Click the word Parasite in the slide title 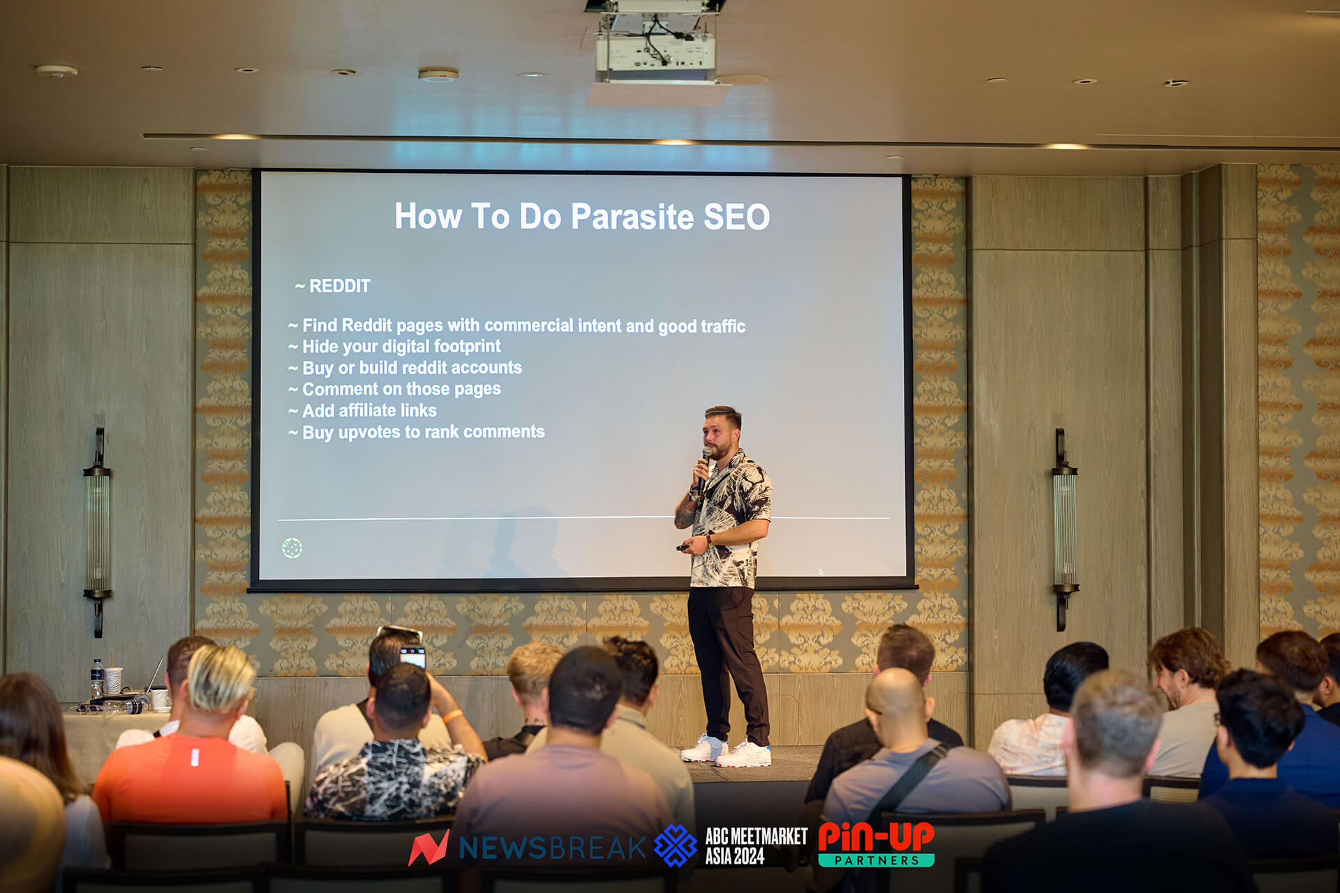coord(632,216)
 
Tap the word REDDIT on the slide coord(339,286)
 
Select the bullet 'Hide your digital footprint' coord(395,347)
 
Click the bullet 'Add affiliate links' coord(363,410)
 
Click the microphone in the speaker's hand coord(705,466)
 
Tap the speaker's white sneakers coord(726,751)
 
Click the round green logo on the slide coord(292,548)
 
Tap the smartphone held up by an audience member coord(412,656)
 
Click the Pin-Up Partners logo coord(876,844)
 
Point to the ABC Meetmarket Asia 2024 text coord(756,846)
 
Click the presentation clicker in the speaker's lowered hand coord(683,548)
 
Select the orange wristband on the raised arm coord(452,716)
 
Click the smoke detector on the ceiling coord(438,75)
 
